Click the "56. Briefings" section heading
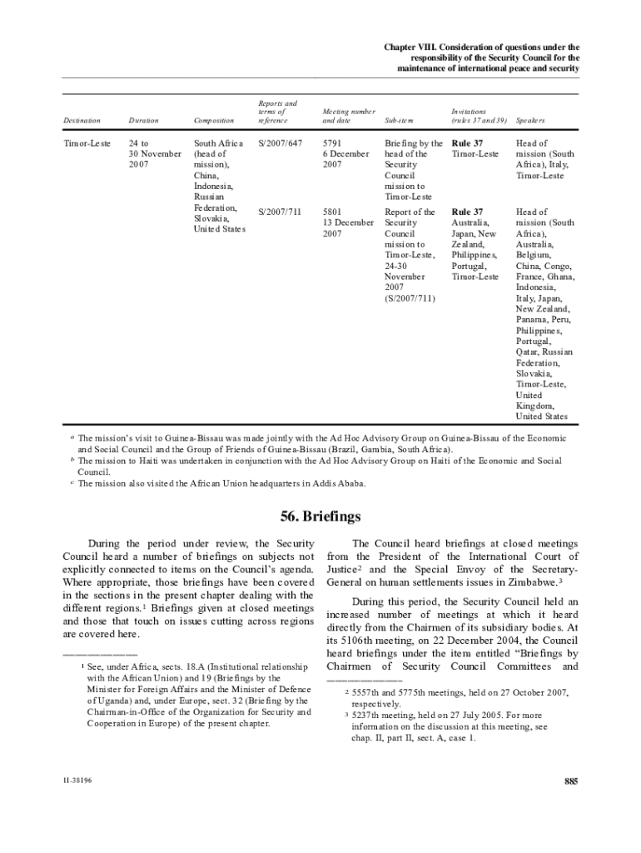(320, 514)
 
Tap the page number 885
(570, 781)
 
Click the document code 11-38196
(75, 781)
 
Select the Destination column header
(82, 122)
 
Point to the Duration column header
(143, 122)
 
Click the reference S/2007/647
(280, 143)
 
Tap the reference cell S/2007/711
(280, 212)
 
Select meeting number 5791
(333, 143)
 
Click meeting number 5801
(333, 212)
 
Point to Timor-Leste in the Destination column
(87, 143)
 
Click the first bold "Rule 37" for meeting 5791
(466, 143)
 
